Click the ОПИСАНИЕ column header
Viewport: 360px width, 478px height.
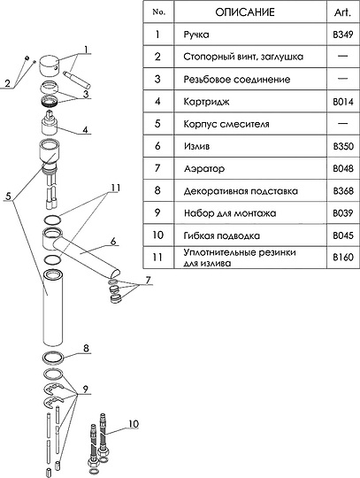click(245, 12)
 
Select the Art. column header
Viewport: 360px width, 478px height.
click(342, 12)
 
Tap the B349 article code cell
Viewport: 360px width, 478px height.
click(343, 35)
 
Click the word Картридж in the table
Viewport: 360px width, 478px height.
click(206, 102)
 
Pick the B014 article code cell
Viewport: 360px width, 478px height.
click(343, 102)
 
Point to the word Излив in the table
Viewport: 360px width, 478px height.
click(196, 146)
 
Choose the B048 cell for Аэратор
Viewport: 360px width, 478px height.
click(343, 168)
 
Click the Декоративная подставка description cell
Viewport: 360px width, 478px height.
click(241, 191)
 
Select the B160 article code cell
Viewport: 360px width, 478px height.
click(343, 258)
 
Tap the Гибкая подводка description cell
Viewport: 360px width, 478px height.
click(222, 235)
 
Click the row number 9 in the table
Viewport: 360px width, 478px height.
click(157, 212)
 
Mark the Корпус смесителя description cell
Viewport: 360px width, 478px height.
click(226, 124)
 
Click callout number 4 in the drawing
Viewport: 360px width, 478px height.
click(85, 129)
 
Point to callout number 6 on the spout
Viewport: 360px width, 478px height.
click(113, 241)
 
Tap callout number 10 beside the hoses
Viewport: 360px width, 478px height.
click(134, 424)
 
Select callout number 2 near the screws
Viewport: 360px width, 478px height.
click(8, 83)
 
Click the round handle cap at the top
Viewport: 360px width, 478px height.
click(49, 65)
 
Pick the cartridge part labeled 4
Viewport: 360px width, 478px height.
click(50, 123)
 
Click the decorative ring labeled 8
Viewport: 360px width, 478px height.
click(53, 358)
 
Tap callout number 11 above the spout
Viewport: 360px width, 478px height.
click(115, 188)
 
